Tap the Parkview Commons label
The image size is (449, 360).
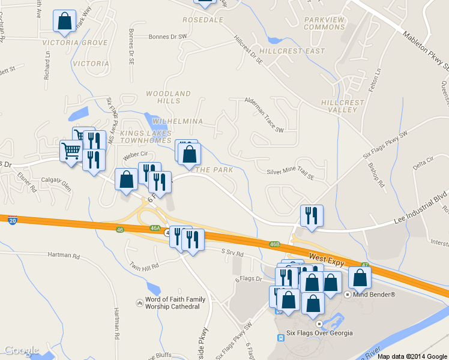pyautogui.click(x=324, y=23)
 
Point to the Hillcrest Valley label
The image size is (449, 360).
pyautogui.click(x=343, y=106)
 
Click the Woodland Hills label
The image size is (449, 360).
pyautogui.click(x=169, y=97)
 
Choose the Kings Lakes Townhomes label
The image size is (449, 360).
pyautogui.click(x=145, y=136)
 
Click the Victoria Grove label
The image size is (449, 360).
pyautogui.click(x=75, y=43)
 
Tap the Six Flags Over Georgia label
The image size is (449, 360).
pyautogui.click(x=319, y=333)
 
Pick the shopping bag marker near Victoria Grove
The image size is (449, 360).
pyautogui.click(x=64, y=22)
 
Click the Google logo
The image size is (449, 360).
pyautogui.click(x=22, y=350)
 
